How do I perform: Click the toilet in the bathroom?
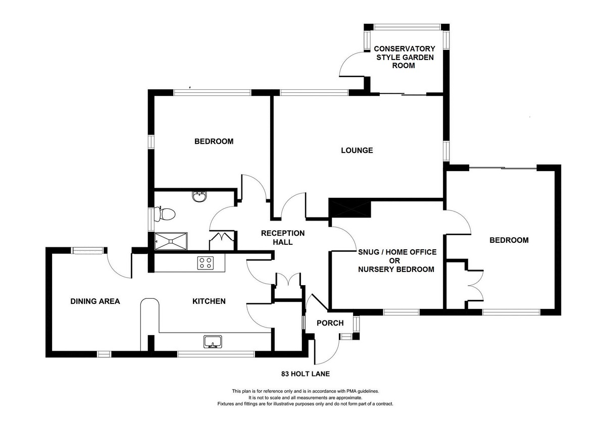pos(166,214)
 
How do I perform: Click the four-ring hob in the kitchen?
pos(205,262)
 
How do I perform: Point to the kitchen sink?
pos(213,342)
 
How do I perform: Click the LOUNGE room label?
pos(357,150)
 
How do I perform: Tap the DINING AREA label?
pos(95,301)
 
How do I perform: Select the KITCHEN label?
pos(209,301)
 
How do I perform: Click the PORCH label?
pos(330,323)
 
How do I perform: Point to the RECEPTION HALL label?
pos(283,238)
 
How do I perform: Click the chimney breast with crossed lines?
pos(349,207)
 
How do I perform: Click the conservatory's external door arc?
pos(350,63)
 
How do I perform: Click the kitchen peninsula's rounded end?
pos(149,305)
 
